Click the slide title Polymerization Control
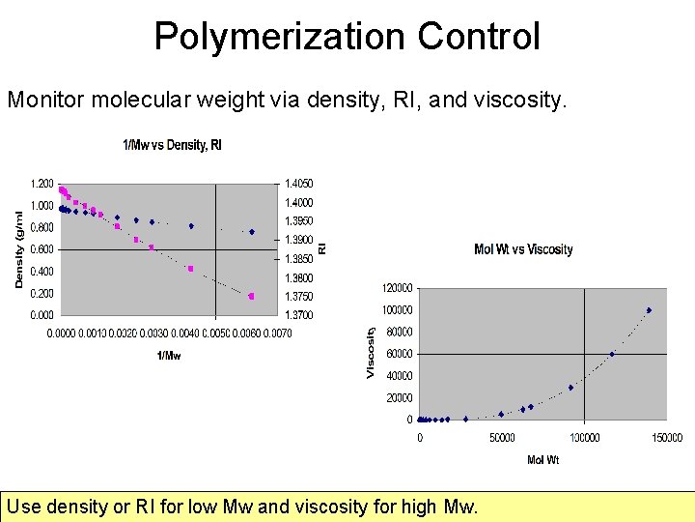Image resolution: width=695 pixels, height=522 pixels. tap(347, 37)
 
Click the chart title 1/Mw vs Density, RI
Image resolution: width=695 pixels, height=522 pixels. tap(172, 145)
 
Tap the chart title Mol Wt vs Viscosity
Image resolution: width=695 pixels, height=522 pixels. tap(523, 249)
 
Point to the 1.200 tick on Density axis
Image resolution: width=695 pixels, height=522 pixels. tap(42, 184)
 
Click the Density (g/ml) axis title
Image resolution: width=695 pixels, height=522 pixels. tap(19, 249)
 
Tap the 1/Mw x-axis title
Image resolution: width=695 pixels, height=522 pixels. tap(169, 355)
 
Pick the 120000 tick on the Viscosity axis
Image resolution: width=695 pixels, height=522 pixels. tap(397, 288)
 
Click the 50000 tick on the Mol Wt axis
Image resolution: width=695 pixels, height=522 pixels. tap(501, 438)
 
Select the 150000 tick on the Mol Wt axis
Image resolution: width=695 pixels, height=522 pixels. tap(665, 438)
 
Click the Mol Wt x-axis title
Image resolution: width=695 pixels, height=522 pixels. tap(542, 460)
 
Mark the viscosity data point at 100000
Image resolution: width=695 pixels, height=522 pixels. tap(649, 310)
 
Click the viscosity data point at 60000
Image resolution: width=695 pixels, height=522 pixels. tap(612, 354)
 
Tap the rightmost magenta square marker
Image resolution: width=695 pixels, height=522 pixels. tap(252, 297)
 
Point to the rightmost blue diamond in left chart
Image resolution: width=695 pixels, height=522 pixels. tap(252, 232)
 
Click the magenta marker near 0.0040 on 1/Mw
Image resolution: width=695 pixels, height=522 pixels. tap(191, 269)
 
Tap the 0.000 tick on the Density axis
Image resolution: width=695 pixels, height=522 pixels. tap(42, 315)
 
